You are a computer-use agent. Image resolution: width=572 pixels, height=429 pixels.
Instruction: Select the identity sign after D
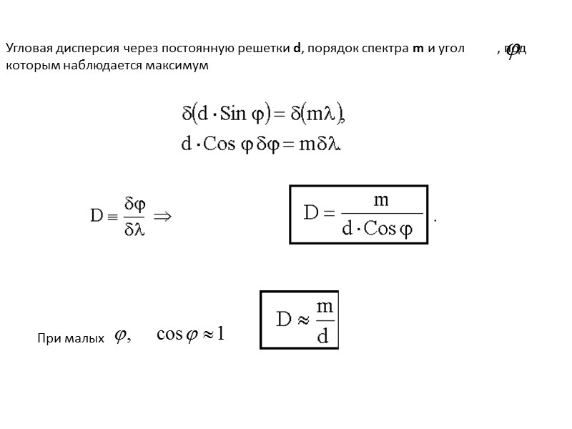tap(112, 215)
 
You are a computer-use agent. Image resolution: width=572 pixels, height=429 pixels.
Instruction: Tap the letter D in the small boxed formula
tap(285, 320)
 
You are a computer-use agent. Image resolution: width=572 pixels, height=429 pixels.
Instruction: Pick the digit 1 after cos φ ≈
tap(221, 334)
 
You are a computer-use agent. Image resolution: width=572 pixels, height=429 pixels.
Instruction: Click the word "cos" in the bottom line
tap(169, 334)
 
